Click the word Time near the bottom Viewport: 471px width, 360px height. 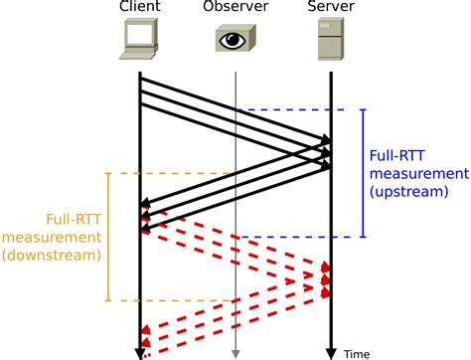[356, 353]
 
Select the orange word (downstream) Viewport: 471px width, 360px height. [52, 255]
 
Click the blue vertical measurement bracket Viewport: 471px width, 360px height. [363, 173]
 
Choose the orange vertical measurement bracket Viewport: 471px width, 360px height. [107, 237]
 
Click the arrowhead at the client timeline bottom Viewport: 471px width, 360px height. [140, 351]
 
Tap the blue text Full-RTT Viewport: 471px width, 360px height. [399, 155]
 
